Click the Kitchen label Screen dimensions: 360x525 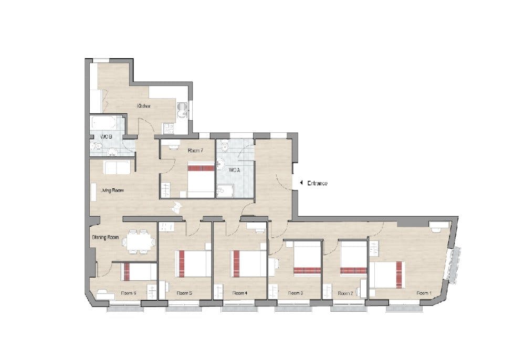(144, 106)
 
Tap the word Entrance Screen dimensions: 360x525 (317, 183)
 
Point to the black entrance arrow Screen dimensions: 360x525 (301, 183)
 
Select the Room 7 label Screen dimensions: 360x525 (195, 151)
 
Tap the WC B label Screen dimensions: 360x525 (107, 137)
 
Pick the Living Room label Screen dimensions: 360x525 (112, 190)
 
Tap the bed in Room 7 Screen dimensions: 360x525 (201, 178)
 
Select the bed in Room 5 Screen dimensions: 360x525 (194, 263)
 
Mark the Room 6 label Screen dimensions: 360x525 (129, 293)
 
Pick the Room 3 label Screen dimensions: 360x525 (296, 293)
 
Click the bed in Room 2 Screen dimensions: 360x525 (353, 259)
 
